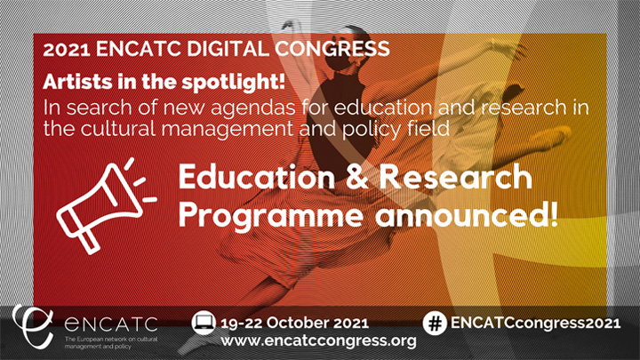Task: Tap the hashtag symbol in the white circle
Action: pos(435,324)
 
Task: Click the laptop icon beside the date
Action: pos(204,323)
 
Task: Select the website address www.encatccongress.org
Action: pos(319,340)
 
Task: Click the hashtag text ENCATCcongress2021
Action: pos(535,324)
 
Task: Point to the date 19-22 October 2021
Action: pos(294,323)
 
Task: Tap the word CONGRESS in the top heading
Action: pos(332,49)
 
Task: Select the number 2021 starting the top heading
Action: pos(66,50)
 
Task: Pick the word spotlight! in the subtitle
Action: pos(233,83)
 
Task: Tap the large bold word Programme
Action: pos(270,215)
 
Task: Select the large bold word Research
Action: pos(456,176)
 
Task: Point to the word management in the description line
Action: pos(228,130)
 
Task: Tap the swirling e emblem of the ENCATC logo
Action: pos(32,326)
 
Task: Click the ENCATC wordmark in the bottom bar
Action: pos(111,324)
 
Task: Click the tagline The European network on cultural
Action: pos(111,340)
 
